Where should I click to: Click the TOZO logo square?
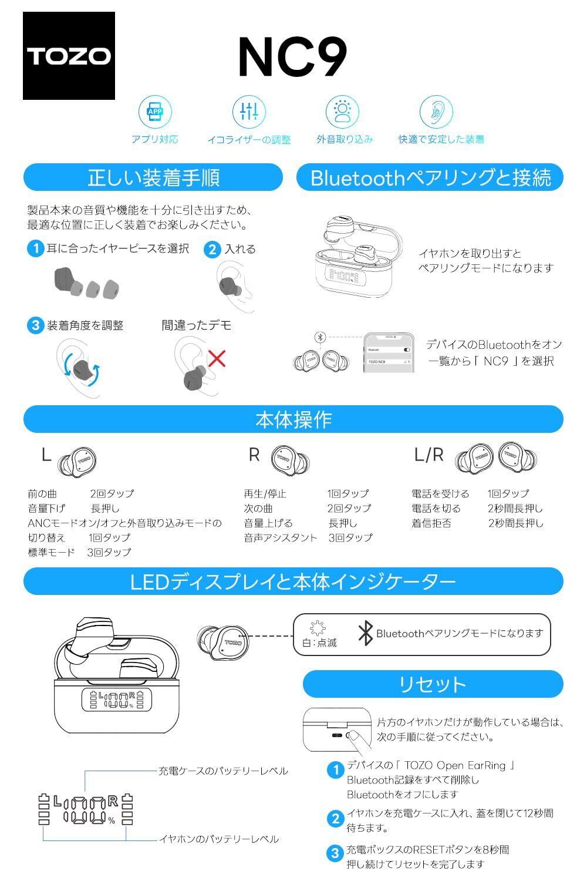pyautogui.click(x=69, y=55)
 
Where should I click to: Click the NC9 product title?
pyautogui.click(x=293, y=56)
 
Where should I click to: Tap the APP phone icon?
pyautogui.click(x=156, y=112)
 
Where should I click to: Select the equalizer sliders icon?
pyautogui.click(x=249, y=112)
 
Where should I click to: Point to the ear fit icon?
pyautogui.click(x=436, y=112)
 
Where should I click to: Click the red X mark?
pyautogui.click(x=217, y=358)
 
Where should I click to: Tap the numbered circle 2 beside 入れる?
pyautogui.click(x=212, y=250)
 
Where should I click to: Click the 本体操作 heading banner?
pyautogui.click(x=293, y=419)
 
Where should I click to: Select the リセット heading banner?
pyautogui.click(x=433, y=684)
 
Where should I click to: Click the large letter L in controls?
pyautogui.click(x=46, y=455)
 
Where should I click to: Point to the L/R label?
pyautogui.click(x=429, y=455)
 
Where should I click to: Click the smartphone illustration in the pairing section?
pyautogui.click(x=389, y=352)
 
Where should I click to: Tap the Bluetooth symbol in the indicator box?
pyautogui.click(x=366, y=633)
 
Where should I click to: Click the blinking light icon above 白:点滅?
pyautogui.click(x=318, y=628)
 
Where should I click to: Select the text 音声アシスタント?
pyautogui.click(x=281, y=537)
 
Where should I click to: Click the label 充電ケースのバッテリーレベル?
pyautogui.click(x=223, y=771)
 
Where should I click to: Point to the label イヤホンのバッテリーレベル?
pyautogui.click(x=219, y=839)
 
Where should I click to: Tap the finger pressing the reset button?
pyautogui.click(x=359, y=740)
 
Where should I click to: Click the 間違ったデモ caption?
pyautogui.click(x=196, y=325)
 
